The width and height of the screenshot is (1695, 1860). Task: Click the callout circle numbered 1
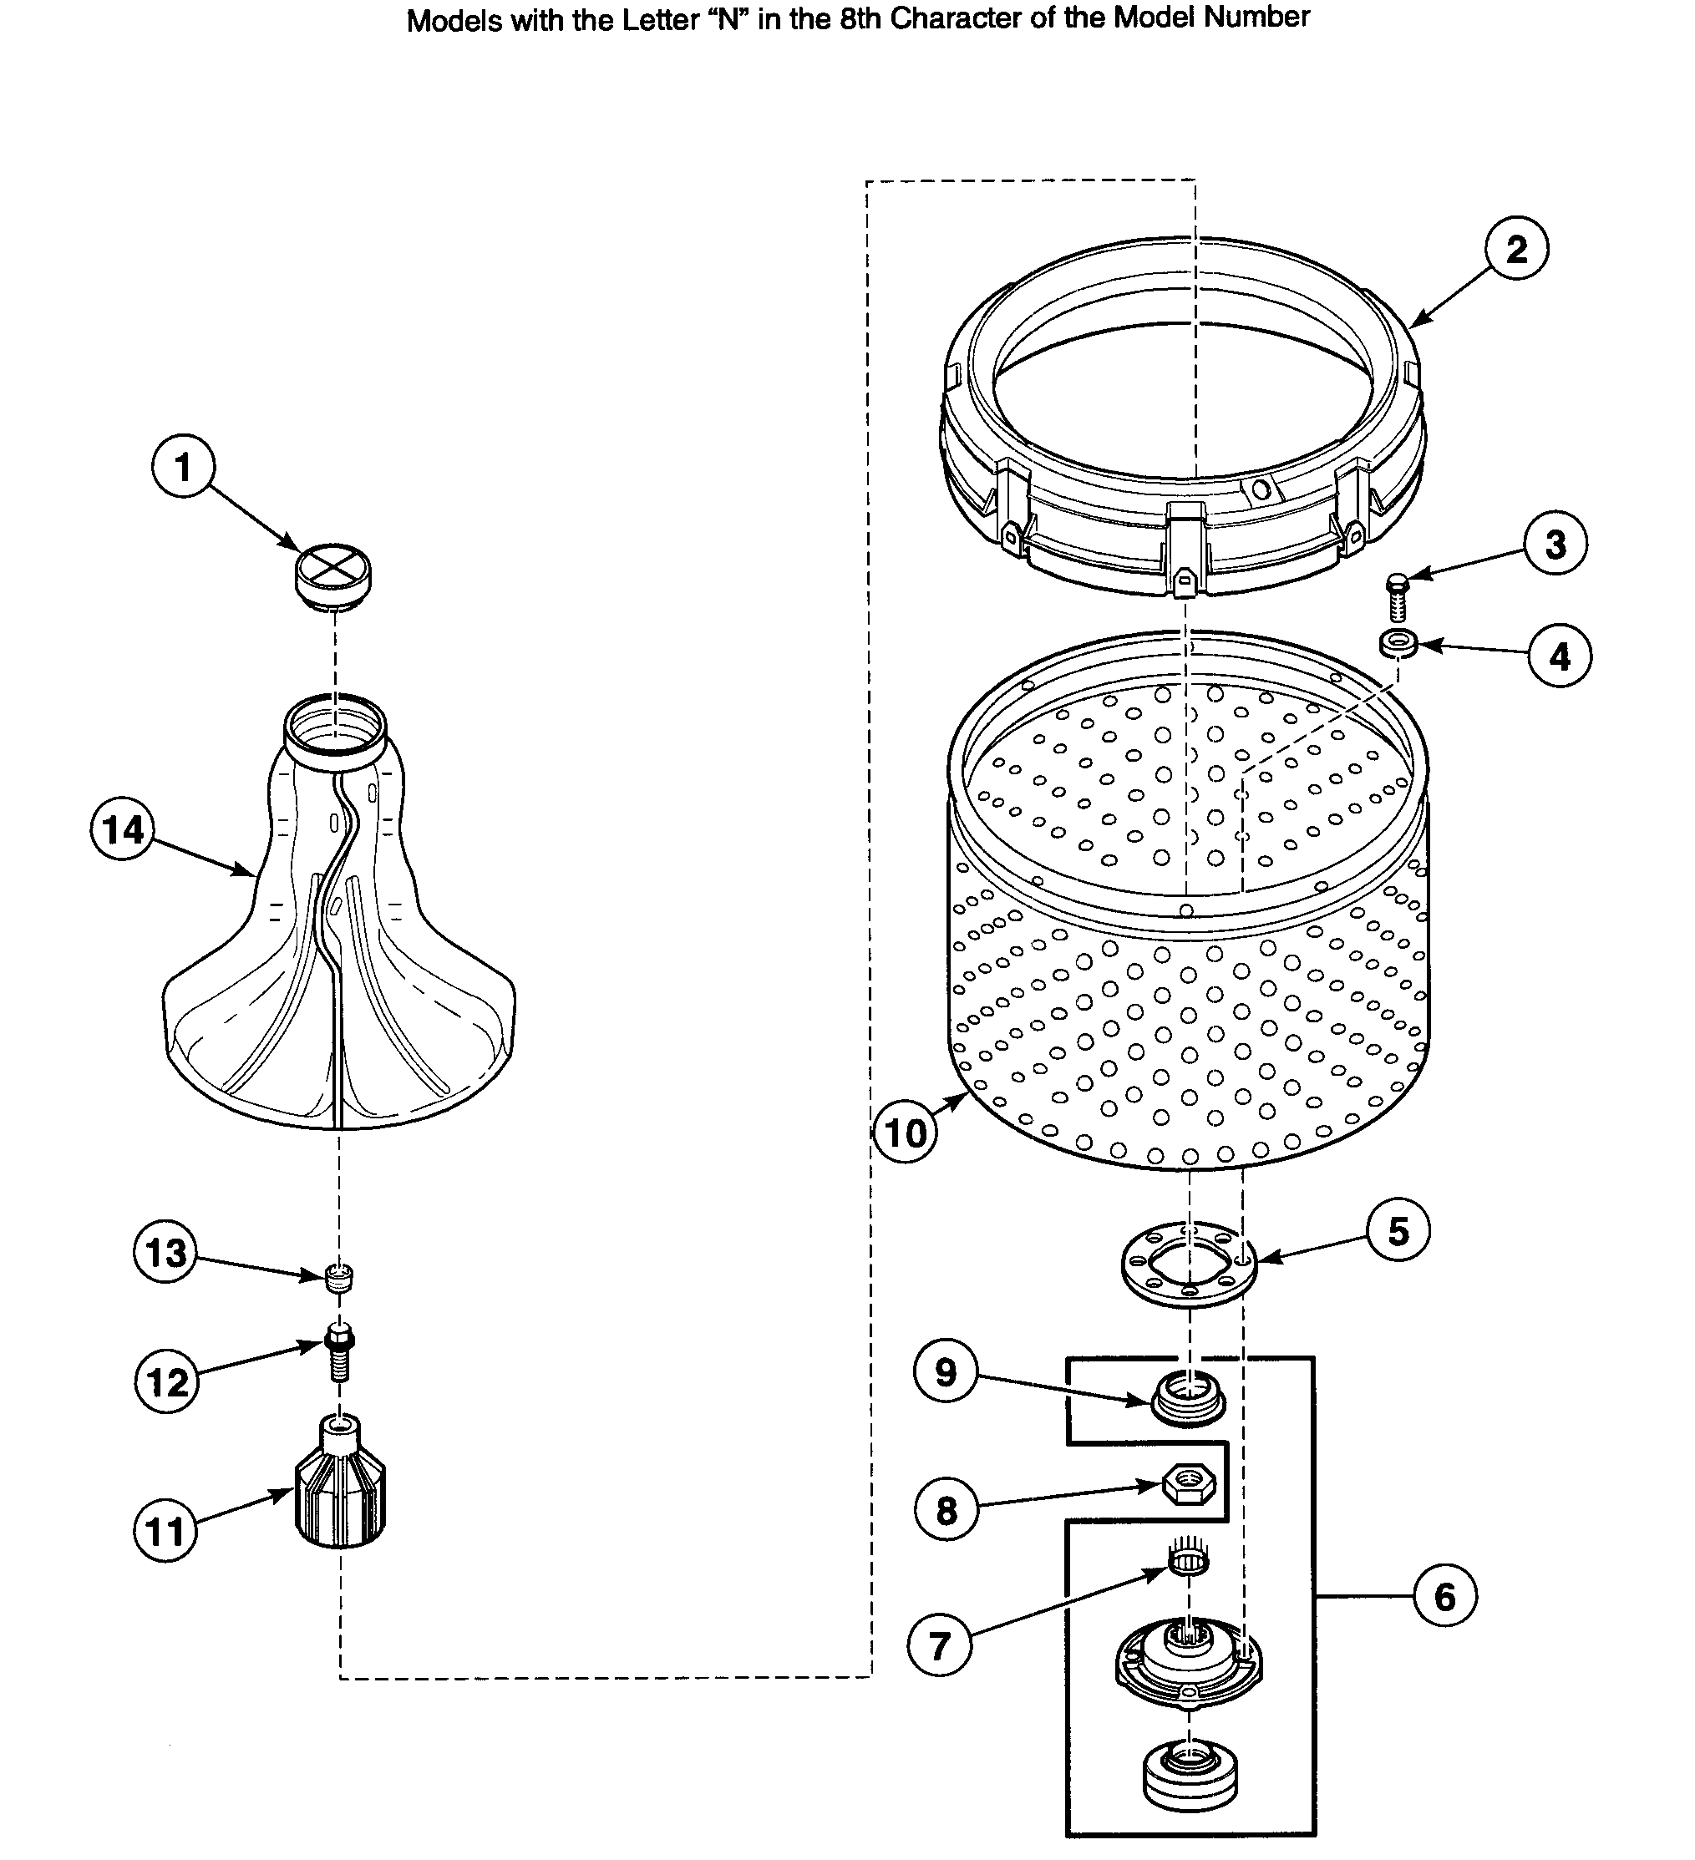click(183, 467)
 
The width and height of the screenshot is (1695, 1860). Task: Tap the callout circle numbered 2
click(1516, 250)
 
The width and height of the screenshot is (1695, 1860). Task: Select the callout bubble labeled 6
click(1444, 1597)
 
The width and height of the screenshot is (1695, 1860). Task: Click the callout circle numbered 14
click(123, 829)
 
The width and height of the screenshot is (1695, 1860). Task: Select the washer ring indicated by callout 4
click(1398, 643)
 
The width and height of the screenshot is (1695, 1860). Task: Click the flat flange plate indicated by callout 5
click(1189, 1263)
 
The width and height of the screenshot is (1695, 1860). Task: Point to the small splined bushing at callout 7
click(1189, 1561)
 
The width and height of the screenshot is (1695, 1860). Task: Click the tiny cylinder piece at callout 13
click(339, 1277)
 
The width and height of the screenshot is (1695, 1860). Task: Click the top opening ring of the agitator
click(335, 724)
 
